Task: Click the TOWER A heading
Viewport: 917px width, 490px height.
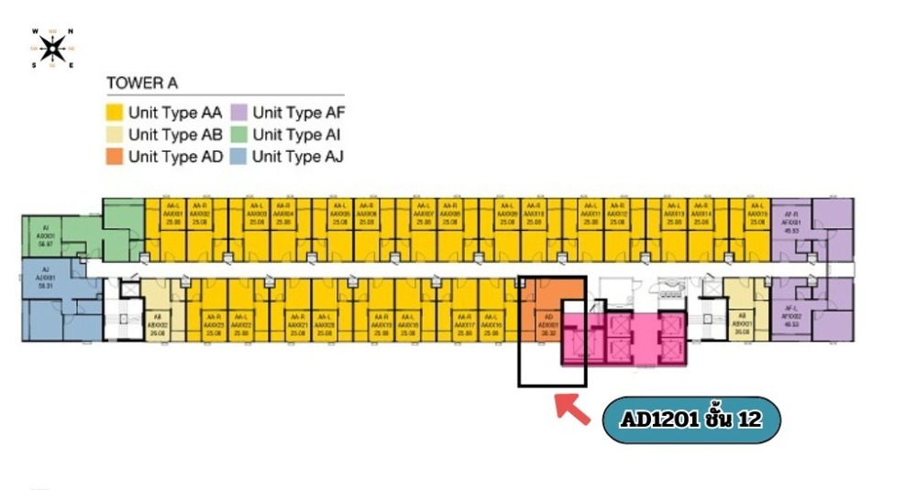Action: [142, 83]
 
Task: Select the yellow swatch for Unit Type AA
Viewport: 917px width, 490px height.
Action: [116, 114]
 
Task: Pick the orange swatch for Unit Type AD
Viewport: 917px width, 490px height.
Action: [116, 156]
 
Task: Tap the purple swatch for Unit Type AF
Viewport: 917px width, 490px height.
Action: [239, 114]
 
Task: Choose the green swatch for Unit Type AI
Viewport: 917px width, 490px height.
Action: [239, 135]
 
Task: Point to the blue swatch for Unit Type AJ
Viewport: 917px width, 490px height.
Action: [239, 156]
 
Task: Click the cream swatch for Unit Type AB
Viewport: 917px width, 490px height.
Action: [116, 135]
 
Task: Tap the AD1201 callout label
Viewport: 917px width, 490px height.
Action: [691, 420]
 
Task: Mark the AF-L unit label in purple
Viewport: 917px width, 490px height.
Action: [790, 318]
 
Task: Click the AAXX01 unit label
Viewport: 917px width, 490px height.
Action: [174, 216]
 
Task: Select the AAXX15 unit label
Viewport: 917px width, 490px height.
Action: [757, 216]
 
